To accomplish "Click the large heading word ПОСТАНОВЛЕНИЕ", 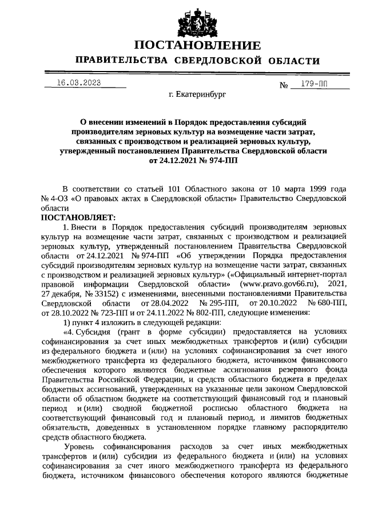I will coord(197,45).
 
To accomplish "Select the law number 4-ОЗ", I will coord(59,199).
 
